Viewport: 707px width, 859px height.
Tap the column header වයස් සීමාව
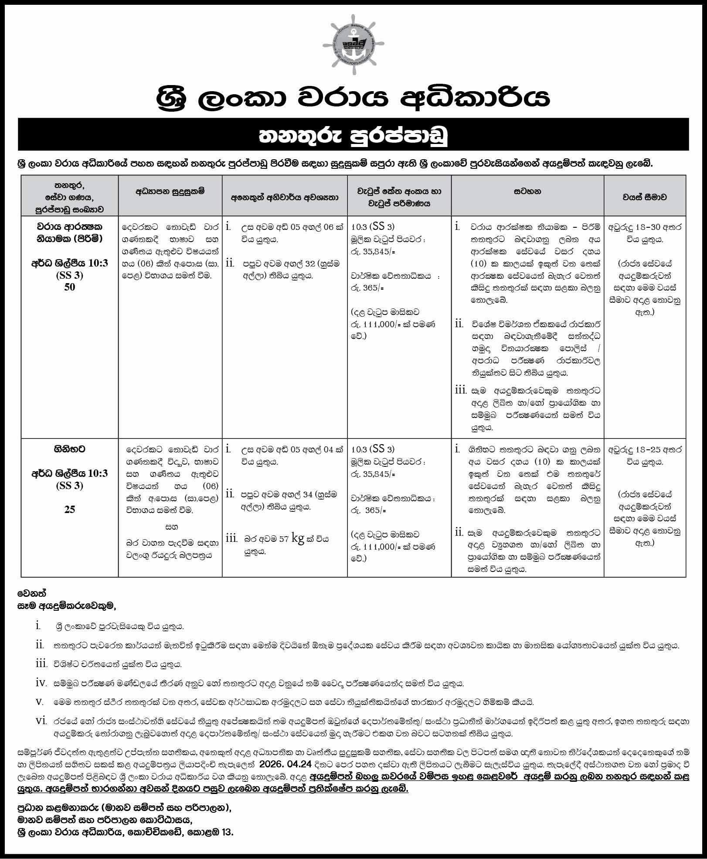(x=644, y=197)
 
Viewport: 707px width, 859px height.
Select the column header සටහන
(x=527, y=191)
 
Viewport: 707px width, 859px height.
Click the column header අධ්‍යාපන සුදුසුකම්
(x=170, y=191)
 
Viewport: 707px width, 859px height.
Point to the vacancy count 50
(x=70, y=287)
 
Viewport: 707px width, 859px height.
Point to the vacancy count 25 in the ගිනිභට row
(x=70, y=509)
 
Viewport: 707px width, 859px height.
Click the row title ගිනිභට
(x=70, y=448)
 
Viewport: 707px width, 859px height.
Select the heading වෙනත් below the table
(x=32, y=593)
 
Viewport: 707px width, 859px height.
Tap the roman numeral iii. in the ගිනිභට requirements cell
(x=231, y=539)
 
